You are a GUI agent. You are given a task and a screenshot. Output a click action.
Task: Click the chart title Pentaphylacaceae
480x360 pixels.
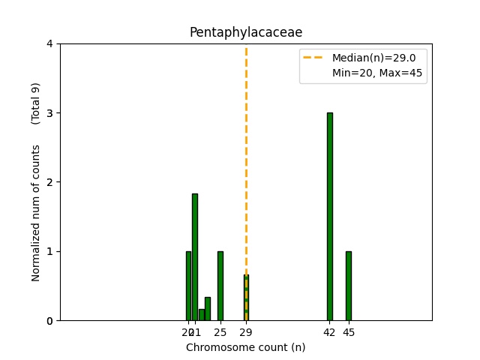click(246, 32)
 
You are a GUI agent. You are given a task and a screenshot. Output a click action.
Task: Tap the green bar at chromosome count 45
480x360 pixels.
click(349, 286)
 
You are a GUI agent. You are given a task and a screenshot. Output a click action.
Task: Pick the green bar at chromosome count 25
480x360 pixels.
click(220, 286)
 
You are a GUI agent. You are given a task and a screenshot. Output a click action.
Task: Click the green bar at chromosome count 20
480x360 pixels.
click(188, 286)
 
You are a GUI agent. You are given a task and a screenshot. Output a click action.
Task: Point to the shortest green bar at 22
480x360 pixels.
click(201, 315)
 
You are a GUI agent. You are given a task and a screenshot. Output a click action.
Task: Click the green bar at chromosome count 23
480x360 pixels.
click(208, 309)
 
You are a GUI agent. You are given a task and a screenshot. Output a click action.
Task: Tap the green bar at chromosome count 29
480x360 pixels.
click(246, 298)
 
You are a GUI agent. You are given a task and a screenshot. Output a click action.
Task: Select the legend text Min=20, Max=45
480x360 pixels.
click(376, 73)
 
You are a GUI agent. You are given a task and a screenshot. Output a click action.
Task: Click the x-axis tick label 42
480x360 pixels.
click(329, 332)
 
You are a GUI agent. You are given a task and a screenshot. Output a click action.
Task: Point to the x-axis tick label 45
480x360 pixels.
click(349, 332)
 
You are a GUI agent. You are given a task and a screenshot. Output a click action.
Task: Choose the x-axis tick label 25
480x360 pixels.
click(220, 332)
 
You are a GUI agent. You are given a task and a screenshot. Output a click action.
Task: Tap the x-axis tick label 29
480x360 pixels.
click(246, 332)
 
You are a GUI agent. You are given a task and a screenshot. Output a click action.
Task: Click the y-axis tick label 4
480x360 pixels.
click(49, 43)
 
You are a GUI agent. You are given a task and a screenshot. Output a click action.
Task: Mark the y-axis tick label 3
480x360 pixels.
click(49, 113)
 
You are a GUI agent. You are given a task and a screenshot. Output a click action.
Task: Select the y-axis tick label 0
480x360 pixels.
click(49, 320)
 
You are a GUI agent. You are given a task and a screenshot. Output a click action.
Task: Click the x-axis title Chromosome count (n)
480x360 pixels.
click(246, 347)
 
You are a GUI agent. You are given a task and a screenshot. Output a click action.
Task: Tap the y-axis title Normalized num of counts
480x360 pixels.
click(36, 213)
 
